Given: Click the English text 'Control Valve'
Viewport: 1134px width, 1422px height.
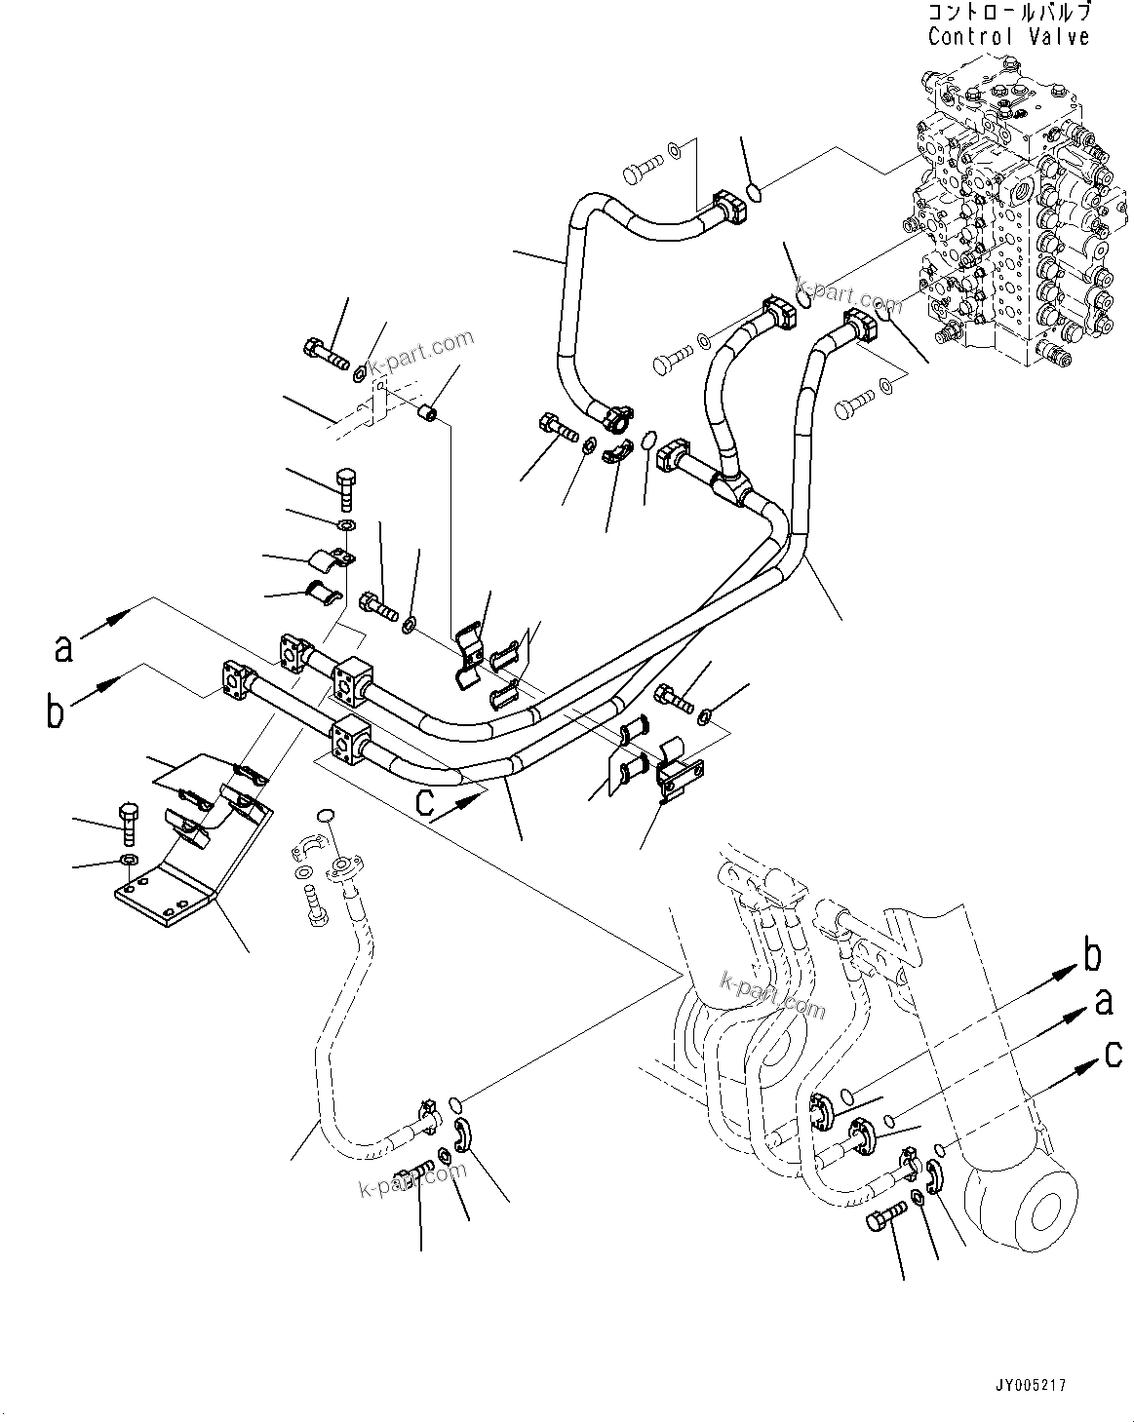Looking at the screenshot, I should (1008, 37).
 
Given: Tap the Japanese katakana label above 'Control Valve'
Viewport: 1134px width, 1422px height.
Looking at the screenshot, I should (1008, 13).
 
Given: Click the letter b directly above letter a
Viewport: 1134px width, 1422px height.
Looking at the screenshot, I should (1092, 957).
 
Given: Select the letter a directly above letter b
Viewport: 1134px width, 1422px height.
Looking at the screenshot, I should (64, 648).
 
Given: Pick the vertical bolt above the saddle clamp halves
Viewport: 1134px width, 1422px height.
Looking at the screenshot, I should (345, 486).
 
